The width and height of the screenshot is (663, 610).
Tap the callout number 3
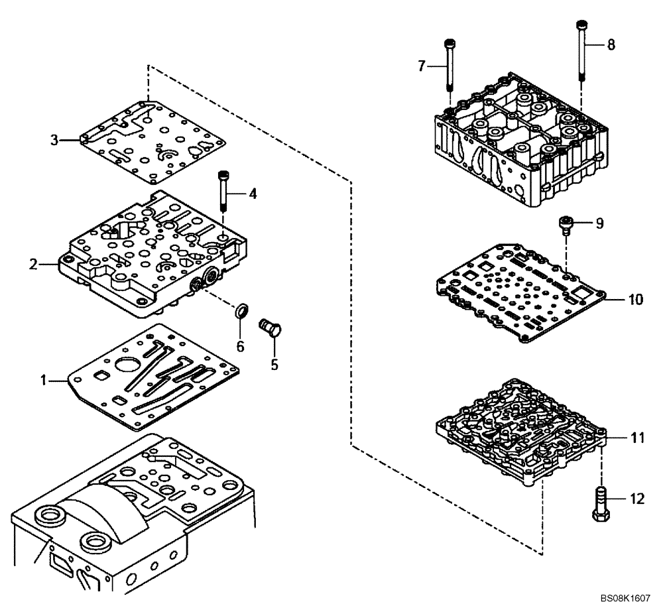pos(56,140)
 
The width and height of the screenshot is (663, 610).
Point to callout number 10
pos(635,300)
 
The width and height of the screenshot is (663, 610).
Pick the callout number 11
pos(637,438)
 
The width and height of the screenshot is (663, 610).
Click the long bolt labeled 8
pos(581,50)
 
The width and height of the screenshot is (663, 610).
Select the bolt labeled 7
pos(450,66)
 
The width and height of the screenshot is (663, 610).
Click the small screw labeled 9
pos(565,225)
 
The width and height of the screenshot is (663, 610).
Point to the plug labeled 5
pos(272,328)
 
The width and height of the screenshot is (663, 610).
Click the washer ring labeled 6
pos(243,310)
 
